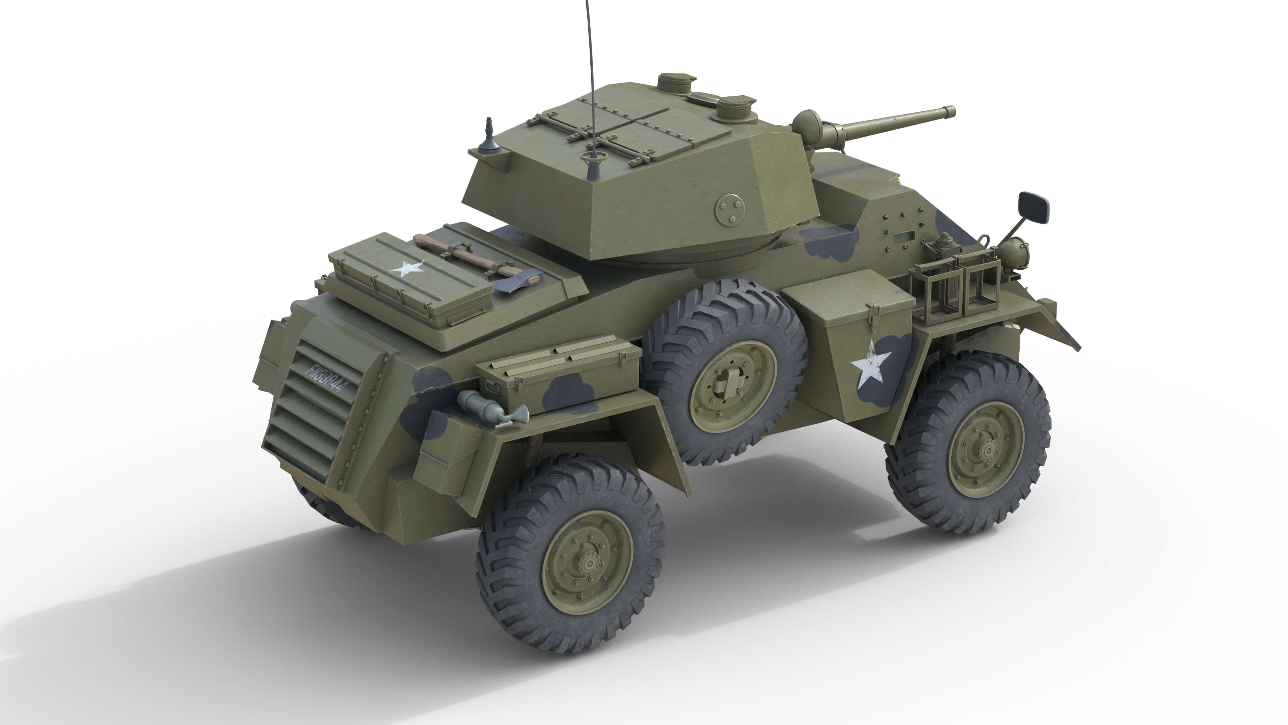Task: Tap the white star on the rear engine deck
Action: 406,269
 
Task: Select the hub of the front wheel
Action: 987,450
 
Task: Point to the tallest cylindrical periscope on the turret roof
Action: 675,86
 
